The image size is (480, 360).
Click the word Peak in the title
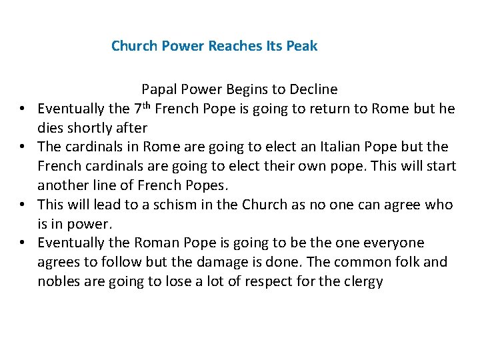tap(302, 46)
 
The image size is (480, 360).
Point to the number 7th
tap(143, 107)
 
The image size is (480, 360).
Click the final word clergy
tap(363, 281)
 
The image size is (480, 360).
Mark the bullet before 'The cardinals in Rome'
tap(22, 147)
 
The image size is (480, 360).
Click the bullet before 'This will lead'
tap(22, 205)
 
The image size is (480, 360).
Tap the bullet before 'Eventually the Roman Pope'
tap(22, 243)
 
